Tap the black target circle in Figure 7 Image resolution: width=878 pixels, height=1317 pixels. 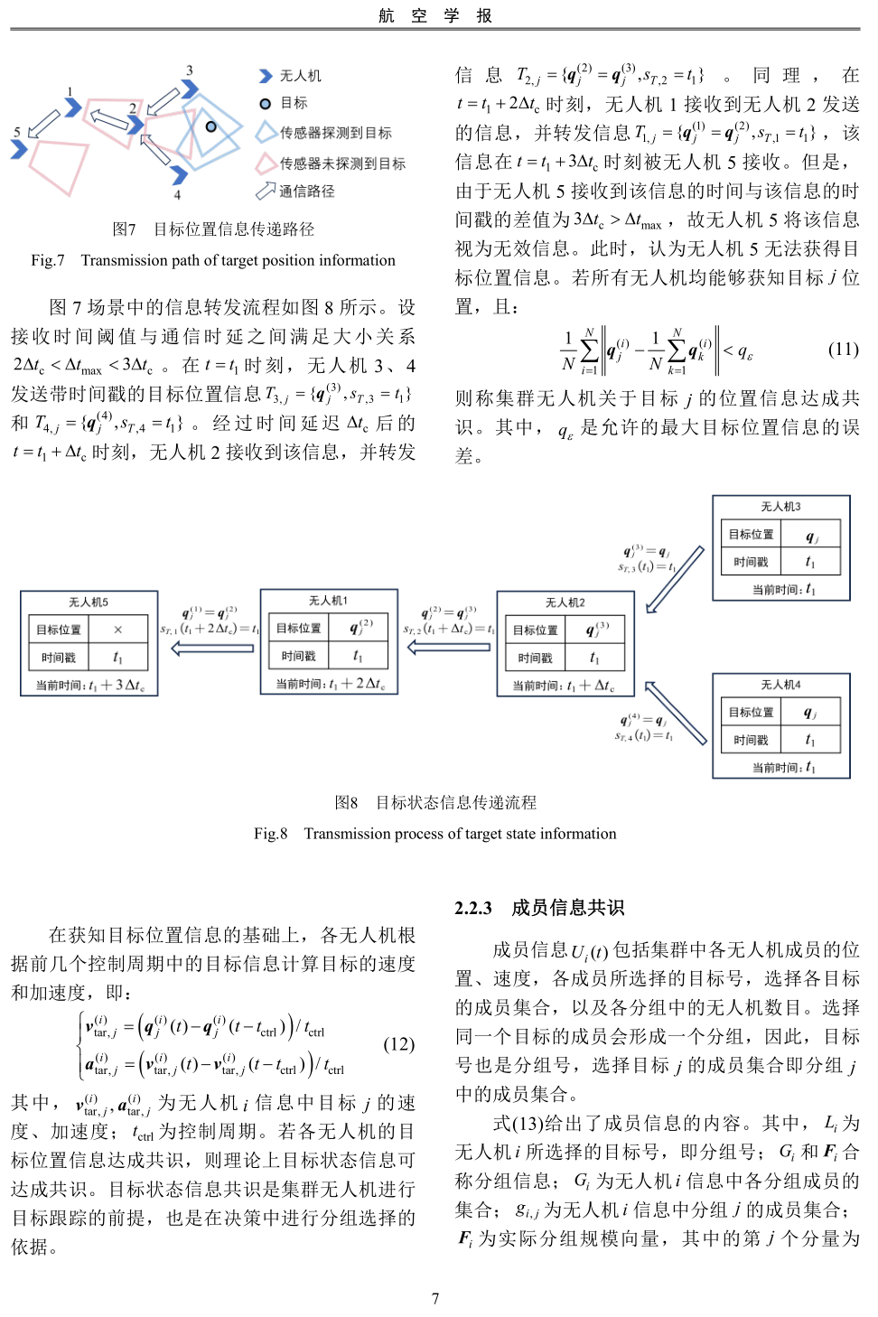coord(210,126)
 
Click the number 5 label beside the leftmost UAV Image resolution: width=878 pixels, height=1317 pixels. coord(16,132)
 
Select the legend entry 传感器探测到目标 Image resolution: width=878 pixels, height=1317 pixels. coord(335,133)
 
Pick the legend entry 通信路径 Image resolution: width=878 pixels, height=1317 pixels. coord(306,191)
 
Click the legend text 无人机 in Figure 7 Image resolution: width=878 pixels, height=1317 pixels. coord(300,76)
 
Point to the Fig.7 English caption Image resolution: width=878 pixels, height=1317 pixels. coord(213,260)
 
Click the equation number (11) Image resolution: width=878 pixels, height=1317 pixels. coord(843,349)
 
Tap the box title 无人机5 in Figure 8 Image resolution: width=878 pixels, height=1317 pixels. coord(89,602)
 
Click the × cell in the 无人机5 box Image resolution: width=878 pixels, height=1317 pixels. coord(117,630)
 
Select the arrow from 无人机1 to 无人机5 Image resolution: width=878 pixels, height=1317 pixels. coord(212,648)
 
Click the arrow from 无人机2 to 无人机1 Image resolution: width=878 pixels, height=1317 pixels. coord(449,647)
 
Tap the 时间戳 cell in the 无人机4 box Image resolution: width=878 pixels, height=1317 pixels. coord(751,740)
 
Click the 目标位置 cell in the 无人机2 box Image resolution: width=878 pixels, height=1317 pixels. coord(536,630)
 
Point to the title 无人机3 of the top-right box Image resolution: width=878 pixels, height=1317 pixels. coord(780,507)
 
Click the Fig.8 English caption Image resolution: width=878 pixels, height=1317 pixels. coord(434,834)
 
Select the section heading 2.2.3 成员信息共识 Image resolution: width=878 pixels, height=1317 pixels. coord(539,908)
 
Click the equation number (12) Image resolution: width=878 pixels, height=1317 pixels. coord(398,1044)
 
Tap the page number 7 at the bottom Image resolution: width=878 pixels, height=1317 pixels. coord(435,1298)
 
